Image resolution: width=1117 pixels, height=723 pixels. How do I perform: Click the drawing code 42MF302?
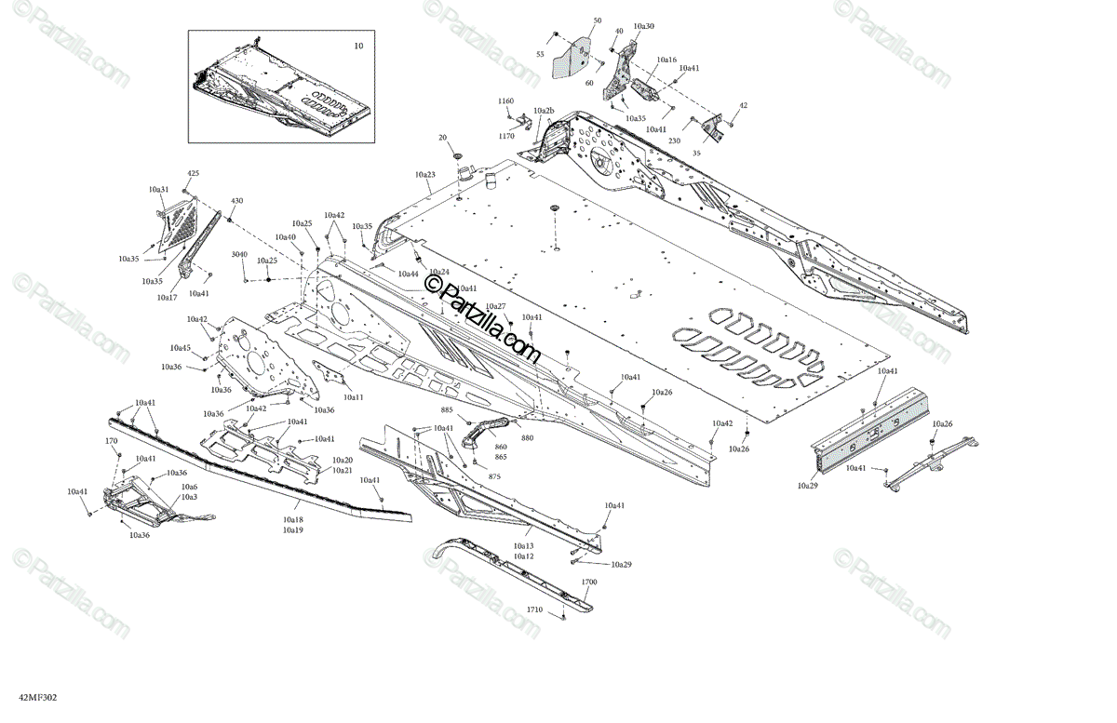(x=23, y=696)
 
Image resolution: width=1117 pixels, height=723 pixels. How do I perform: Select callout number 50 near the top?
(x=597, y=20)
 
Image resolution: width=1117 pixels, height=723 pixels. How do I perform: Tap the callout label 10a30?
(x=643, y=27)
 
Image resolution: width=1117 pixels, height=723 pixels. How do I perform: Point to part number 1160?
(x=505, y=100)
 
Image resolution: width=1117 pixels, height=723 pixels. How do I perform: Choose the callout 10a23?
(x=425, y=175)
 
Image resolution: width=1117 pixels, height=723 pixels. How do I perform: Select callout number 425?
(x=194, y=174)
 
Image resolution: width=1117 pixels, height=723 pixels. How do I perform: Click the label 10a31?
(x=158, y=190)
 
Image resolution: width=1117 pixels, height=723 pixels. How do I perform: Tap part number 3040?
(x=239, y=254)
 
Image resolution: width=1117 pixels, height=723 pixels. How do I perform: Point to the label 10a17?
(x=167, y=298)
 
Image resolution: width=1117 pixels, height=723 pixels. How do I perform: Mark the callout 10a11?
(x=353, y=397)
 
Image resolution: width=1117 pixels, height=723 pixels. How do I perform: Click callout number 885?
(x=447, y=410)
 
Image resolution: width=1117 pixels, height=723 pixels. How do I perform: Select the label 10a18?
(x=293, y=520)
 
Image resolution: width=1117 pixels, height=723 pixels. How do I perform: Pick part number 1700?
(x=589, y=582)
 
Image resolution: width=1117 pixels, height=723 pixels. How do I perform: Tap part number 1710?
(x=534, y=609)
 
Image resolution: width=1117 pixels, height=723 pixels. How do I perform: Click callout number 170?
(x=111, y=441)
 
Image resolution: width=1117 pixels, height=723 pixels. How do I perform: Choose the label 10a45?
(x=180, y=348)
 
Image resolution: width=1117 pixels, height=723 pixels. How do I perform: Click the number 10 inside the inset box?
(x=358, y=46)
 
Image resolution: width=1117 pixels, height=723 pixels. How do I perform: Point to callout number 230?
(x=674, y=141)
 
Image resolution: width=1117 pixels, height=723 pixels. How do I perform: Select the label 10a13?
(x=523, y=546)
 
